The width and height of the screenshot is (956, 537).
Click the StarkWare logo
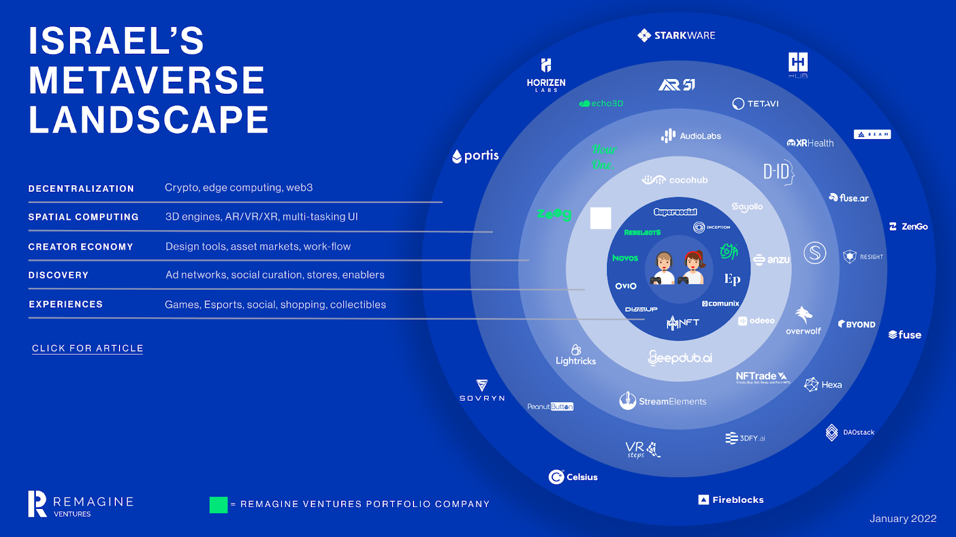coord(676,36)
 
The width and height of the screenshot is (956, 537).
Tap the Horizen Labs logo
coord(546,75)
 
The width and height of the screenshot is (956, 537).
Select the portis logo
coord(476,156)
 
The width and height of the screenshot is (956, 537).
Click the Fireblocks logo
coord(731,500)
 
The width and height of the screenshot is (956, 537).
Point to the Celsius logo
coord(573,477)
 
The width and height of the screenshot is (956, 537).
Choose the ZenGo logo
coord(908,227)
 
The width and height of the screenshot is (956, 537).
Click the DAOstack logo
coord(850,432)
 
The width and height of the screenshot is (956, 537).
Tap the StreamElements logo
coord(663,401)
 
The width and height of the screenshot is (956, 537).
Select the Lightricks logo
coord(576,355)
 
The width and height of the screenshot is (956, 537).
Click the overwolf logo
coord(804,321)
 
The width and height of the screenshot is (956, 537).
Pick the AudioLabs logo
coord(691,136)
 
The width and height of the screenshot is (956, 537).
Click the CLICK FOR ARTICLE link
coord(87,348)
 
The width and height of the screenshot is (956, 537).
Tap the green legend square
coord(219,505)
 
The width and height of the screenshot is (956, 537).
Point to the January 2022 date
coord(903,518)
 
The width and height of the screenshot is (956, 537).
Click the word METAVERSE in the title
coord(147,81)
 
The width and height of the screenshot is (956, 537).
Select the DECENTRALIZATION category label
coord(81,189)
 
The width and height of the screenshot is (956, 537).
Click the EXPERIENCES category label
coord(66,305)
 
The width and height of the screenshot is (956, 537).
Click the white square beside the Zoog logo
coord(600,218)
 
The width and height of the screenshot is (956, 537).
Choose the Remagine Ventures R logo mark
coord(37,504)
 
